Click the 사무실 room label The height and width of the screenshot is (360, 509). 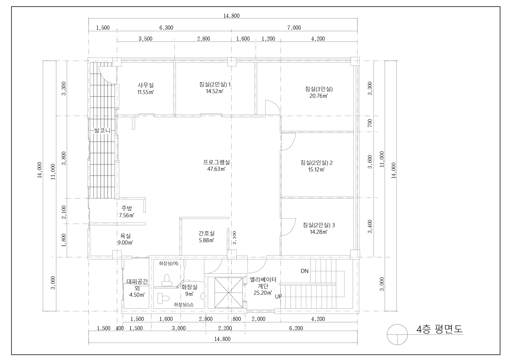(146, 85)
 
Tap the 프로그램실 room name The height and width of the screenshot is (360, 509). (216, 162)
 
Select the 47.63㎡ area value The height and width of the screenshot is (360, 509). (216, 169)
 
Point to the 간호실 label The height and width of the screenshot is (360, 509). (207, 233)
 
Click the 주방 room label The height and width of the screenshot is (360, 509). (127, 208)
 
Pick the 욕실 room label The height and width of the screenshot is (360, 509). (125, 236)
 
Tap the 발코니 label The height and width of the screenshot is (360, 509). (102, 131)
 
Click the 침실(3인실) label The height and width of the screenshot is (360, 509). (319, 89)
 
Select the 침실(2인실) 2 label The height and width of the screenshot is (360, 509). (317, 163)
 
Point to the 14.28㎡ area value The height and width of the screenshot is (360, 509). (319, 232)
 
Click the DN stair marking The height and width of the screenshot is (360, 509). (305, 271)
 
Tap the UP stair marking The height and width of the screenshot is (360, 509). (279, 296)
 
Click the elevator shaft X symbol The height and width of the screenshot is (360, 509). (228, 292)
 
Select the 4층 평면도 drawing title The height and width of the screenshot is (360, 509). (439, 329)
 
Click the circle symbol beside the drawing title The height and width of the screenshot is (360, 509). (398, 334)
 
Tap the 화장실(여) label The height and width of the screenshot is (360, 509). (168, 263)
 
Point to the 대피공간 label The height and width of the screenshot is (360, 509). (137, 282)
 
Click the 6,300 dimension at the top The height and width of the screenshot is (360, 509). (166, 28)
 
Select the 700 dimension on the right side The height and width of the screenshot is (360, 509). (370, 123)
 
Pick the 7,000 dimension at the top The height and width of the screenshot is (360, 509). (294, 28)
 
